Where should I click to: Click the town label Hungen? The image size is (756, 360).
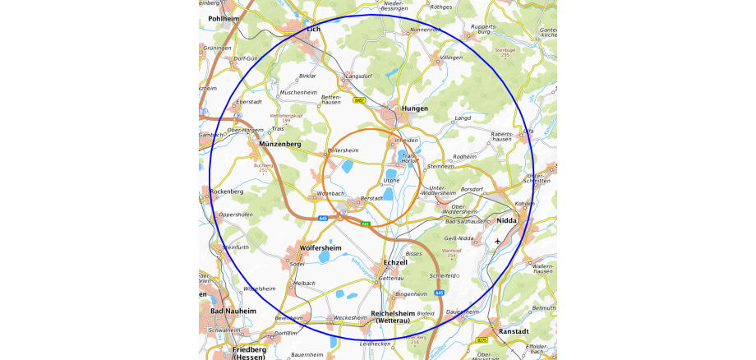(x=415, y=108)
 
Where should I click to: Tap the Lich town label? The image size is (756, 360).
(x=312, y=29)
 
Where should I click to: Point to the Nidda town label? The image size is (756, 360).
(x=507, y=220)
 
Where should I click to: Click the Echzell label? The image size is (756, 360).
(x=395, y=262)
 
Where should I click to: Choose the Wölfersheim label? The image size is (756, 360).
(x=320, y=247)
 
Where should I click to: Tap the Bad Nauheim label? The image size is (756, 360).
(x=233, y=312)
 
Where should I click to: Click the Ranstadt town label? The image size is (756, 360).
(x=514, y=331)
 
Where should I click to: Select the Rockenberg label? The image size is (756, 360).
(x=227, y=192)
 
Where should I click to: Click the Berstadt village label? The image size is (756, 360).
(x=372, y=198)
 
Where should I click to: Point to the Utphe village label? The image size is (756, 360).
(x=391, y=179)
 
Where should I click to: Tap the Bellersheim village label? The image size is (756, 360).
(x=343, y=150)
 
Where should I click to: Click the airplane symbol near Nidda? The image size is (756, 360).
(x=498, y=242)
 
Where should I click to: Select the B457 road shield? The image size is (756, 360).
(x=359, y=100)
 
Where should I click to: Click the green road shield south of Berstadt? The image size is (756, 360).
(x=366, y=223)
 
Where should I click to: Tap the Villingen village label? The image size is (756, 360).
(x=452, y=58)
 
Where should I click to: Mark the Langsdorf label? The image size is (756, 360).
(x=359, y=76)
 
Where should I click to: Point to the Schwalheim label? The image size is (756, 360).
(x=225, y=330)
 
